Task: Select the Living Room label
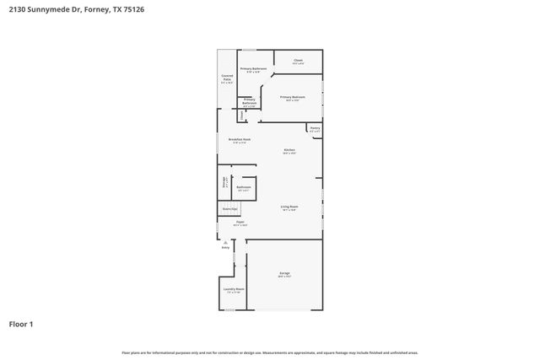[289, 207]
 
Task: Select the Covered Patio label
[227, 78]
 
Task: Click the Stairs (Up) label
[229, 208]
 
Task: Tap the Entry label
[225, 248]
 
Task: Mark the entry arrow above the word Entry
[225, 241]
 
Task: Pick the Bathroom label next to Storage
[244, 188]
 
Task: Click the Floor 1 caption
[22, 324]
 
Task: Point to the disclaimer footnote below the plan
[270, 352]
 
